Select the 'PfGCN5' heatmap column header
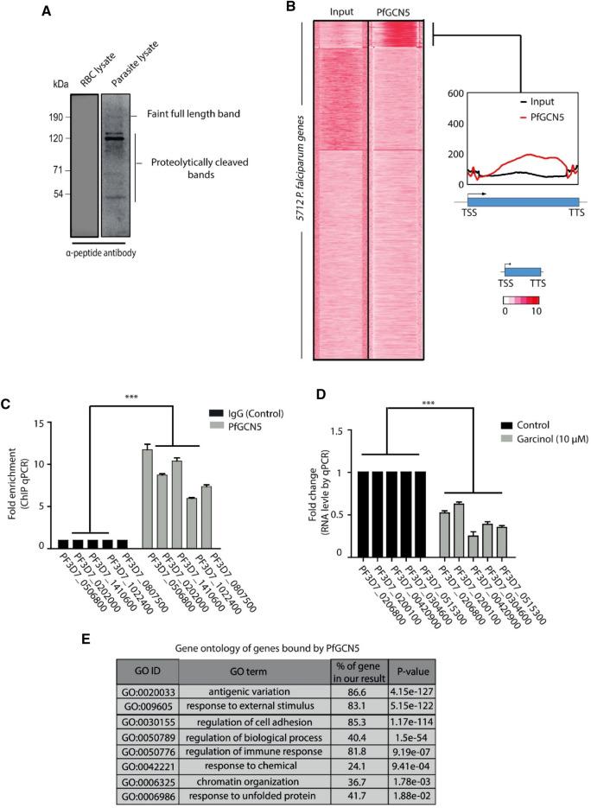(x=395, y=11)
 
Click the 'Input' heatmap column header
(x=337, y=11)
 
